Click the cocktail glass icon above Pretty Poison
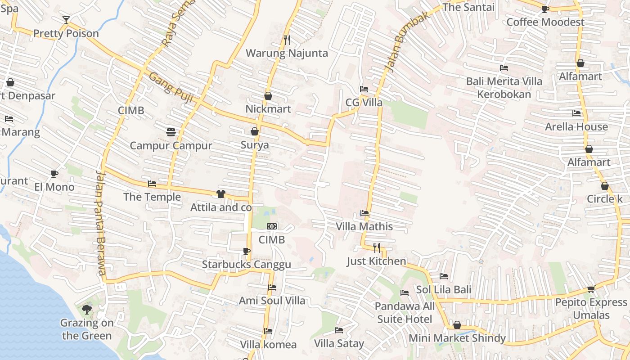tap(66, 20)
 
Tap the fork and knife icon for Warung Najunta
tap(287, 40)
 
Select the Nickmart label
tap(268, 109)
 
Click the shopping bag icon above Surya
tap(255, 131)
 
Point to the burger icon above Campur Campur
tap(171, 132)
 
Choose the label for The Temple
tap(152, 197)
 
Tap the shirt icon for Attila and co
tap(220, 194)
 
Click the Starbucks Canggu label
tap(246, 265)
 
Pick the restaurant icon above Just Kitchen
tap(377, 247)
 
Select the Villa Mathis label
tap(364, 226)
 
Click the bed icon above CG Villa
tap(364, 89)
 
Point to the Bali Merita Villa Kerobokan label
tap(504, 88)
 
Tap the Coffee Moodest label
tap(545, 22)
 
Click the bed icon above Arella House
tap(576, 113)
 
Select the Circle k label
tap(604, 199)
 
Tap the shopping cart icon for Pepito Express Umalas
tap(591, 289)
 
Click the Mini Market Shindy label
tap(457, 338)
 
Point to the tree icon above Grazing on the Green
tap(86, 309)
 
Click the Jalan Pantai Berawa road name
tap(101, 223)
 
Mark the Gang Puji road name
tap(171, 88)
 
